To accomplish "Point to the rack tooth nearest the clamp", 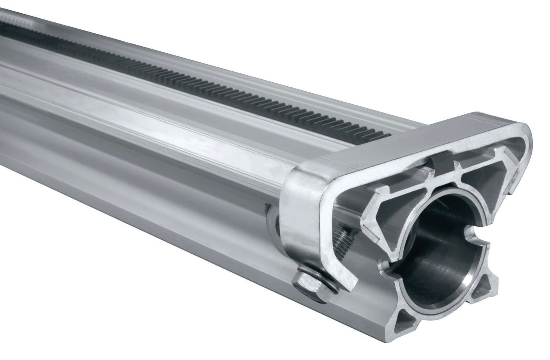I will pyautogui.click(x=385, y=137).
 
